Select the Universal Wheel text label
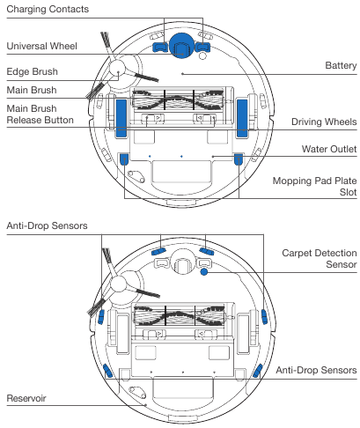(x=43, y=45)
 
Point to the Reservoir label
(x=26, y=399)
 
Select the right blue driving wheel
(x=240, y=116)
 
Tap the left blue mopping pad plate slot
(x=124, y=159)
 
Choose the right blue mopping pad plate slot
(x=239, y=159)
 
